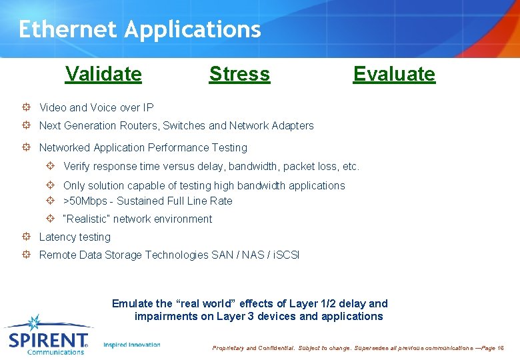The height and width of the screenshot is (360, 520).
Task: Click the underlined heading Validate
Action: point(103,74)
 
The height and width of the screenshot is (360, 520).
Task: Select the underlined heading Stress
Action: point(239,74)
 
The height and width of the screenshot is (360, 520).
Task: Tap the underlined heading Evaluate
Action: point(394,74)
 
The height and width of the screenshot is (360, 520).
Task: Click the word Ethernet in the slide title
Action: point(68,29)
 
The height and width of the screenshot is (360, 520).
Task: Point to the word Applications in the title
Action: point(193,30)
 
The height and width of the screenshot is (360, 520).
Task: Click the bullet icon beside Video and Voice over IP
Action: point(25,107)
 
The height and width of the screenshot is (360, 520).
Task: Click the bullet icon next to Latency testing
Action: point(25,237)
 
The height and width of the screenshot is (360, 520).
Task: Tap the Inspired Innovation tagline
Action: point(132,345)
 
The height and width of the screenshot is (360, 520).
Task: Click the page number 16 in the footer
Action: point(501,348)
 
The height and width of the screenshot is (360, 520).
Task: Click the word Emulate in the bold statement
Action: point(132,303)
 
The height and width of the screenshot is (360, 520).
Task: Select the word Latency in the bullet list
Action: point(58,237)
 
